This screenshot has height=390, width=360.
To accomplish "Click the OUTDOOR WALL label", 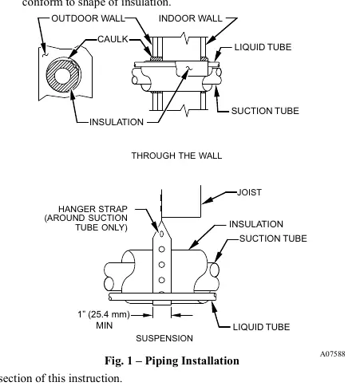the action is (x=88, y=18).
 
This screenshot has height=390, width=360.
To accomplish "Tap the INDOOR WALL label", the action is (x=190, y=18).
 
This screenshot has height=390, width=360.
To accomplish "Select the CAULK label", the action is (x=113, y=39).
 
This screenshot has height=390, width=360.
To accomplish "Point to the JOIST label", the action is (x=249, y=192).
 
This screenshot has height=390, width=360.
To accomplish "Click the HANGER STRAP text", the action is (x=93, y=209).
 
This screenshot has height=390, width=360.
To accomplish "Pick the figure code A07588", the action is (x=332, y=354).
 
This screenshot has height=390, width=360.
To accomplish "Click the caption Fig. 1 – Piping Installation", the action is (x=172, y=360).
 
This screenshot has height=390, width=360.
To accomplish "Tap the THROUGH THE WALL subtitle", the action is (x=176, y=156).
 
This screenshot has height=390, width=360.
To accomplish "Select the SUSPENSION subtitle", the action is (x=164, y=338).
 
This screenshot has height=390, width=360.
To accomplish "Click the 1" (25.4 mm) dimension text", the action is (x=104, y=314).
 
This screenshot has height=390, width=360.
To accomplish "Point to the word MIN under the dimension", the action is (x=105, y=325).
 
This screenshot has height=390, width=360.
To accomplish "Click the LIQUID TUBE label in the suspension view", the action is (x=261, y=327).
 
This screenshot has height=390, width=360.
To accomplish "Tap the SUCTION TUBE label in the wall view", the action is (x=265, y=111).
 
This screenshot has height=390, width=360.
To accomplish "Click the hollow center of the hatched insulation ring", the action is (x=62, y=76).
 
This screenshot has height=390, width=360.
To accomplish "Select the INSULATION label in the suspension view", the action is (x=256, y=224).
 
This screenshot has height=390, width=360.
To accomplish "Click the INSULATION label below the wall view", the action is (x=117, y=122).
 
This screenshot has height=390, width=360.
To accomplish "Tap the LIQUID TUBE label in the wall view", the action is (x=263, y=47).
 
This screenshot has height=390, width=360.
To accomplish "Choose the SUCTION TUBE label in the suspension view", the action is (x=273, y=238).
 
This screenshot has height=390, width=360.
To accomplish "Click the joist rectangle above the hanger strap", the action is (x=181, y=202).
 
